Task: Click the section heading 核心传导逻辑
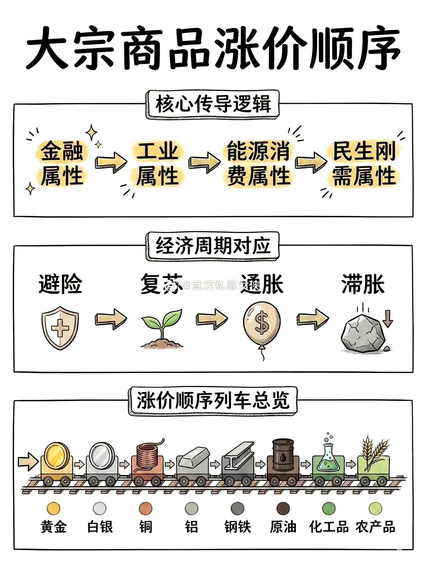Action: point(213,104)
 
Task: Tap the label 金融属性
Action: point(62,164)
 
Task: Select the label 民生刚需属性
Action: point(364,164)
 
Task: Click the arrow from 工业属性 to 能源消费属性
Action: point(204,162)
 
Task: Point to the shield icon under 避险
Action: point(60,328)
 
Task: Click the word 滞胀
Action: point(363,284)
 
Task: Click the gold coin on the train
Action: point(56,455)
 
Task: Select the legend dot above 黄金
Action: point(53,508)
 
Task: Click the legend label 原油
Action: point(283,527)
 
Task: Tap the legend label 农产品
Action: point(375,527)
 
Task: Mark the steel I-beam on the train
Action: point(238,457)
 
